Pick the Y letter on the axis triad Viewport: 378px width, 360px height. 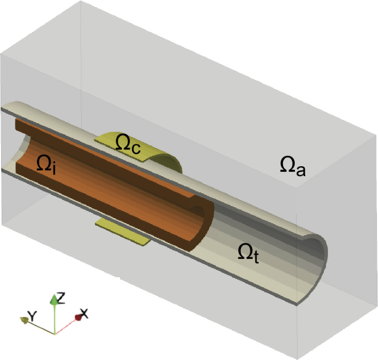(x=32, y=316)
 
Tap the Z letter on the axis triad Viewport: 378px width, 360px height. (x=61, y=299)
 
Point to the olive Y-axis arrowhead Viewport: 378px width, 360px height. (x=24, y=319)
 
